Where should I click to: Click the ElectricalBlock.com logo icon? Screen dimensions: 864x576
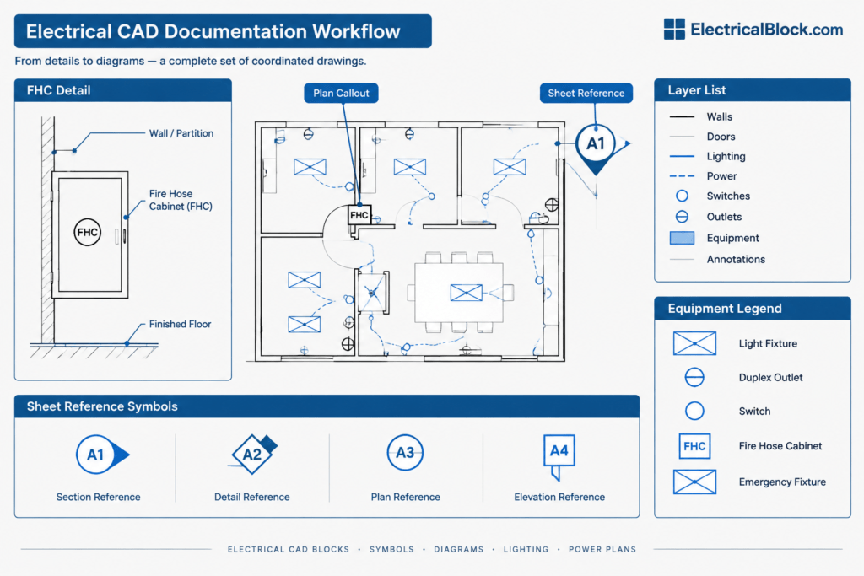(674, 30)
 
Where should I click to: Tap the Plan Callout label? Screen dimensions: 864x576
(341, 93)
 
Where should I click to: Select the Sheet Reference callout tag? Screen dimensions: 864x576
(586, 93)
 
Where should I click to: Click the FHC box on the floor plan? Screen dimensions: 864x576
(359, 215)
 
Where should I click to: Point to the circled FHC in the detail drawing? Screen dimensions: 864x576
(87, 233)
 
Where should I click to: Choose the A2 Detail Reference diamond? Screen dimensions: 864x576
(253, 455)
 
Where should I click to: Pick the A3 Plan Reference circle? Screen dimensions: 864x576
(405, 453)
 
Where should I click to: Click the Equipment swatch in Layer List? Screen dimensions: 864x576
(682, 238)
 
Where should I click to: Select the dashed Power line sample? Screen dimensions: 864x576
(682, 176)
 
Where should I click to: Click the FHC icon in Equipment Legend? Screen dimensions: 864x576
(694, 446)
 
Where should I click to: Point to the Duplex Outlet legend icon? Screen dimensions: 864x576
(694, 377)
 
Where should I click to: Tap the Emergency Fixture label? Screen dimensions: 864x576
(782, 482)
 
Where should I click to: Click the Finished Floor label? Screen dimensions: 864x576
(181, 325)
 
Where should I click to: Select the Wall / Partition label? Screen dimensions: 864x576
(181, 133)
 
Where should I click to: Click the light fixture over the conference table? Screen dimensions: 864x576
(466, 293)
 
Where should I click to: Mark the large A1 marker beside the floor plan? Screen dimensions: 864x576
(596, 144)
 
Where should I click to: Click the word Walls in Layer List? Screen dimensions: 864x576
(719, 116)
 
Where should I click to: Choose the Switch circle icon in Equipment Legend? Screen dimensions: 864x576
(694, 411)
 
